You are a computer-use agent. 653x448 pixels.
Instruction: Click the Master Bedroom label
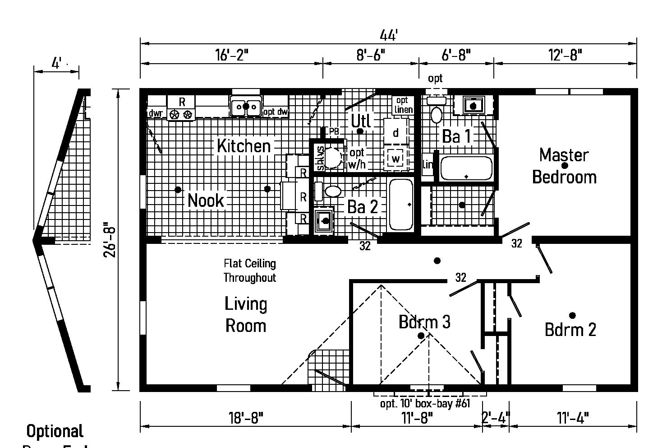pyautogui.click(x=564, y=166)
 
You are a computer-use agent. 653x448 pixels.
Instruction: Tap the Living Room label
pyautogui.click(x=246, y=315)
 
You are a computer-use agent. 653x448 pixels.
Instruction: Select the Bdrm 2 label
pyautogui.click(x=570, y=330)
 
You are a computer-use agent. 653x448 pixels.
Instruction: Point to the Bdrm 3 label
pyautogui.click(x=424, y=322)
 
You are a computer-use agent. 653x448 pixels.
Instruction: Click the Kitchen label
pyautogui.click(x=244, y=146)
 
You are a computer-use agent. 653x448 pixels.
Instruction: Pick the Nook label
pyautogui.click(x=206, y=200)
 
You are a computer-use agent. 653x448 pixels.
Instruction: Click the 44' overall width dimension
pyautogui.click(x=388, y=35)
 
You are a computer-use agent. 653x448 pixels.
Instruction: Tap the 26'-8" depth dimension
pyautogui.click(x=110, y=239)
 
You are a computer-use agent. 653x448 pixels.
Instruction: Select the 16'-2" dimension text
pyautogui.click(x=232, y=55)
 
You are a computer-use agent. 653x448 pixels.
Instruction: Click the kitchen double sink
pyautogui.click(x=246, y=107)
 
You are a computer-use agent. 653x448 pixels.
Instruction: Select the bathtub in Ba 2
pyautogui.click(x=401, y=205)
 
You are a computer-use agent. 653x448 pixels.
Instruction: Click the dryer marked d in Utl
pyautogui.click(x=395, y=132)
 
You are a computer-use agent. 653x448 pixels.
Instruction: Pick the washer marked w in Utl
pyautogui.click(x=395, y=158)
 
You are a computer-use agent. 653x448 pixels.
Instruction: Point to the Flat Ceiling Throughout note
pyautogui.click(x=249, y=270)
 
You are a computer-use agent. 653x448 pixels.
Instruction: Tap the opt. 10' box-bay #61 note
pyautogui.click(x=425, y=403)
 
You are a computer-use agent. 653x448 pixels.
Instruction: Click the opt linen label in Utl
pyautogui.click(x=402, y=105)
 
